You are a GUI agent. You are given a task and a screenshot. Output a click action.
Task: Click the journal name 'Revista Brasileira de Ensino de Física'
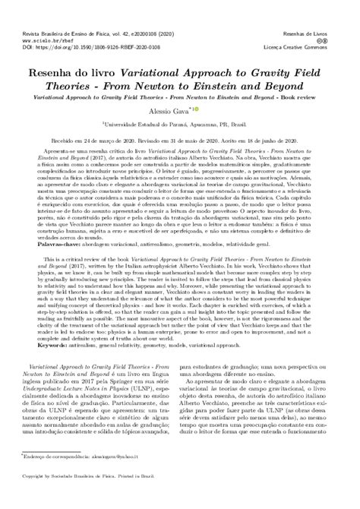(x=61, y=9)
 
